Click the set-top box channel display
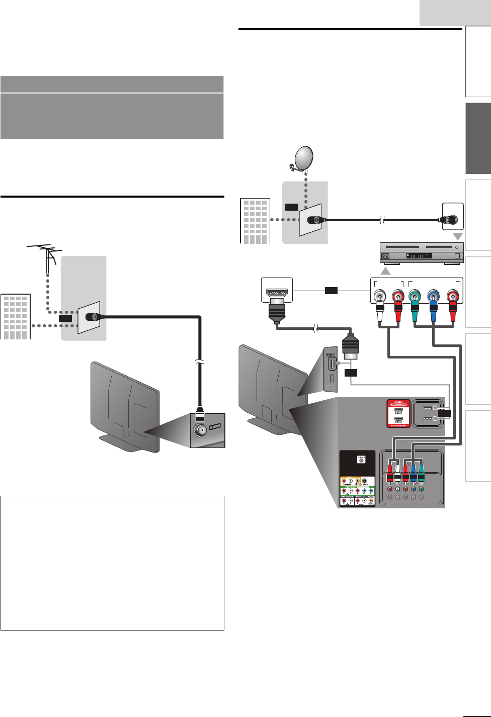pos(417,256)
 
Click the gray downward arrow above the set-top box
pos(458,236)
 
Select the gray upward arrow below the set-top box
pos(385,271)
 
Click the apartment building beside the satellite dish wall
pos(255,221)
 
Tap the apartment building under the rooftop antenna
pos(16,317)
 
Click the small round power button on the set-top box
pos(457,247)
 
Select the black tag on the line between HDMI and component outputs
pos(331,290)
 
